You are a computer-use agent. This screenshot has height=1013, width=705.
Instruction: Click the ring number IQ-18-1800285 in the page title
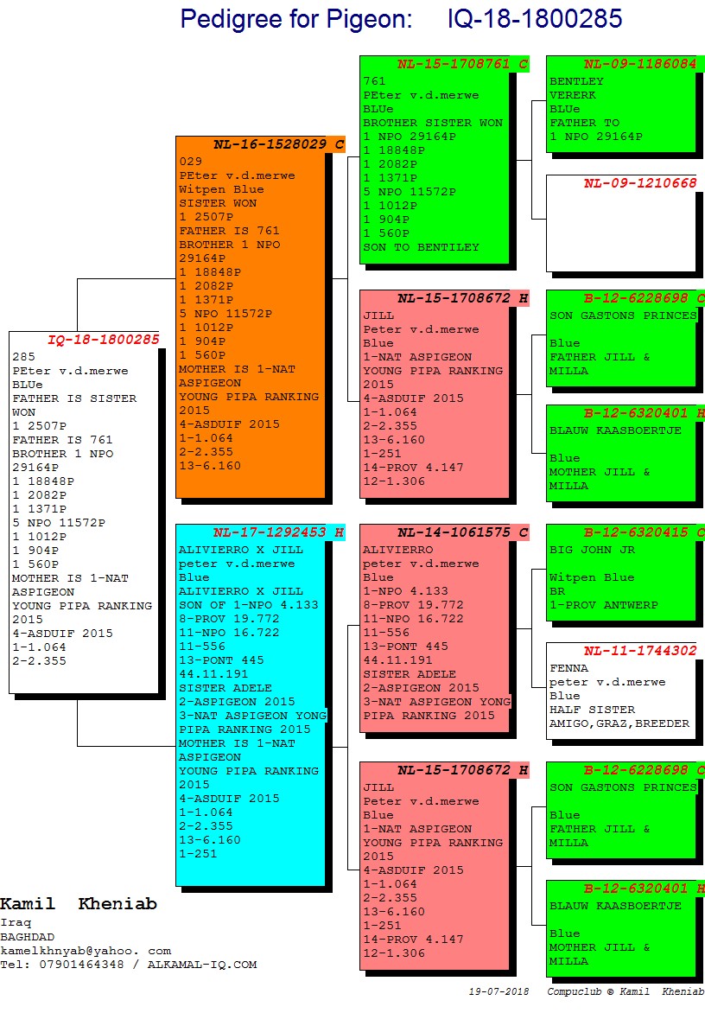(535, 19)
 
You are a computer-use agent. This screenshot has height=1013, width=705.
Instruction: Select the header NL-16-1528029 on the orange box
(269, 144)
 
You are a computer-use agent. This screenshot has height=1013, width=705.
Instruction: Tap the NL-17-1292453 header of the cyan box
(269, 532)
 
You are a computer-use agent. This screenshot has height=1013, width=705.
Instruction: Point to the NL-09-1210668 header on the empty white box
(639, 183)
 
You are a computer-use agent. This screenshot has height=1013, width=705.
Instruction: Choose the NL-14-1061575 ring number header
(454, 532)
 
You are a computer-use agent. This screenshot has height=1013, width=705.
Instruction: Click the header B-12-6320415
(639, 532)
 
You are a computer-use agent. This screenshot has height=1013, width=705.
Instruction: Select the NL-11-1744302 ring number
(639, 651)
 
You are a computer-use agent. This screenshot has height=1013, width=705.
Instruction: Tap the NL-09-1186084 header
(639, 64)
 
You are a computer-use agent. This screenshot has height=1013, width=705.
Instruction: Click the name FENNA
(568, 668)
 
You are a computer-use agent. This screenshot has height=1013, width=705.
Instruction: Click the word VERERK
(573, 95)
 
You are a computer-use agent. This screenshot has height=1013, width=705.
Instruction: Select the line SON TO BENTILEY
(421, 247)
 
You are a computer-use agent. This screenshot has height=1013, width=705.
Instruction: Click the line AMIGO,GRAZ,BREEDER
(619, 723)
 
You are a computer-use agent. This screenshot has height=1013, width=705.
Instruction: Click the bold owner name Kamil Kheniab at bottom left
(79, 904)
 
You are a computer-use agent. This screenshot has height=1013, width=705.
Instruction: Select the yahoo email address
(86, 951)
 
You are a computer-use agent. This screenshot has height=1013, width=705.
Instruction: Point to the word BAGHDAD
(27, 937)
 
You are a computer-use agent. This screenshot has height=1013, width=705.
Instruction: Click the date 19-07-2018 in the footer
(499, 991)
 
